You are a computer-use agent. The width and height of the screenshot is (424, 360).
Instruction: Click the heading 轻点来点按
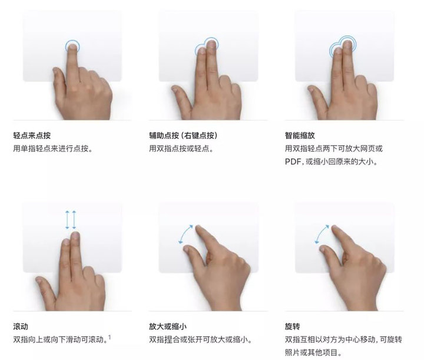pyautogui.click(x=36, y=135)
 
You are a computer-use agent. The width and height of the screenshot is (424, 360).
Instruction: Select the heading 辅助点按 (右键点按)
pyautogui.click(x=184, y=135)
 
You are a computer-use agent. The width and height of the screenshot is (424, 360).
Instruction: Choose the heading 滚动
pyautogui.click(x=21, y=326)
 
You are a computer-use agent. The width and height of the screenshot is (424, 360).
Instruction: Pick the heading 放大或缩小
pyautogui.click(x=168, y=326)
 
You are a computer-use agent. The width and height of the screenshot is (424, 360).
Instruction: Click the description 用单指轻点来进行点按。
pyautogui.click(x=53, y=148)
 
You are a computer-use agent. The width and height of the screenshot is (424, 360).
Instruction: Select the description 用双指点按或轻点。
pyautogui.click(x=181, y=148)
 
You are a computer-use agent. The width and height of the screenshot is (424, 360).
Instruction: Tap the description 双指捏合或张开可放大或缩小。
pyautogui.click(x=200, y=339)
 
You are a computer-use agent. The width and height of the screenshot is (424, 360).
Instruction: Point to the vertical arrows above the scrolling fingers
pyautogui.click(x=71, y=220)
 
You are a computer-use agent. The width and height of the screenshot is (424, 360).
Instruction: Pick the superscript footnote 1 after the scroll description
pyautogui.click(x=109, y=337)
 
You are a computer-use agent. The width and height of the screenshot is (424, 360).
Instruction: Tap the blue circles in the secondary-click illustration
pyautogui.click(x=206, y=46)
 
